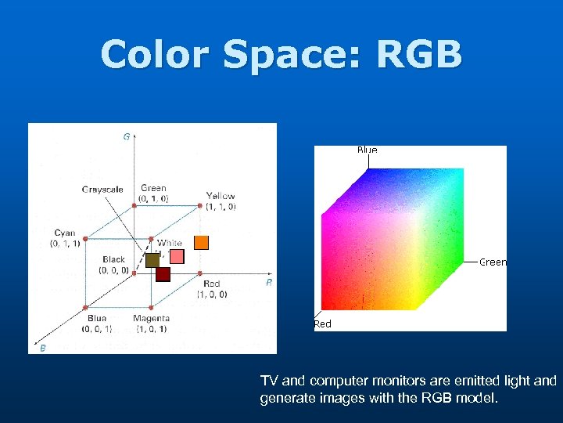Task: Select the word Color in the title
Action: coord(156,55)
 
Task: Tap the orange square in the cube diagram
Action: coord(201,242)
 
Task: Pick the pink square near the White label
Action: coord(177,256)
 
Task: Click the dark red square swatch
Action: coord(163,273)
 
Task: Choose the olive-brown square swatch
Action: coord(152,260)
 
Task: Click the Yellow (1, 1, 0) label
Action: coord(221,201)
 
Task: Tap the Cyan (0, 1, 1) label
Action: coord(65,238)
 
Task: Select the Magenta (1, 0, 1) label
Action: coord(151,323)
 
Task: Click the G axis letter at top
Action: coord(127,136)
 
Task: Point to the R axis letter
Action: coord(268,283)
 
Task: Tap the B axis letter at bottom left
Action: coord(42,347)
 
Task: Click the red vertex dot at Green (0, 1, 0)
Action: coord(134,204)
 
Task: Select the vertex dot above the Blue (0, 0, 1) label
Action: coord(86,308)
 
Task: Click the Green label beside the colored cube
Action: coord(493,262)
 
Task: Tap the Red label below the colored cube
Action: coord(322,324)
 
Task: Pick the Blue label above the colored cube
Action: coord(367,150)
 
